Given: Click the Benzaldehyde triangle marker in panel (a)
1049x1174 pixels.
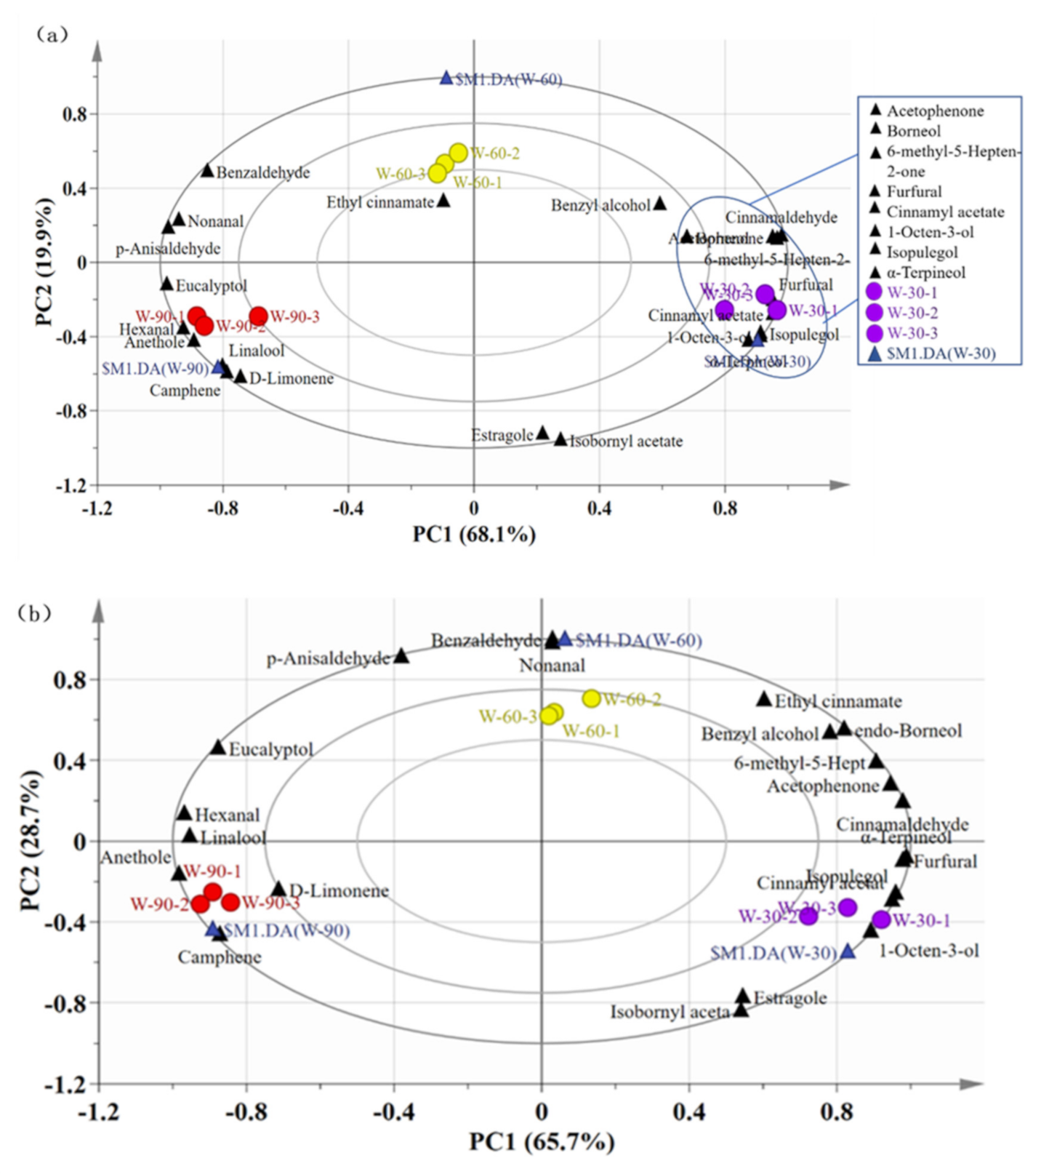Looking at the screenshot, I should click(207, 171).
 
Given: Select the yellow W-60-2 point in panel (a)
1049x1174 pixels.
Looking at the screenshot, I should click(458, 153).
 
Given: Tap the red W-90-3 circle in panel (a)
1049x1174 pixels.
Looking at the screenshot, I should click(259, 316).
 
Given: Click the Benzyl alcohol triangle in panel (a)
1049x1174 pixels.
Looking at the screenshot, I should click(659, 204).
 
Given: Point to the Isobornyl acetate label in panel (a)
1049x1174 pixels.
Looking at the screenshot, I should click(626, 442).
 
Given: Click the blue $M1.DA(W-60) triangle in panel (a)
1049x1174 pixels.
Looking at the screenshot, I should click(446, 78).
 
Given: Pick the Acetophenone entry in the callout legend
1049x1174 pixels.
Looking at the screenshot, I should click(935, 111).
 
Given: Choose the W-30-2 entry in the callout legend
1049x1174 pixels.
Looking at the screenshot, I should click(912, 313).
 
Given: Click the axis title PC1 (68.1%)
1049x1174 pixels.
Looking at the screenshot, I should click(474, 535).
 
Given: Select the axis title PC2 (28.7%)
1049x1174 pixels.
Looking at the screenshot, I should click(31, 840).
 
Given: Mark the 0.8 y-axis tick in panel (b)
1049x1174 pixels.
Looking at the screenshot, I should click(70, 679).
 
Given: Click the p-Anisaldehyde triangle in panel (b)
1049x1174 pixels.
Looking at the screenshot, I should click(401, 656).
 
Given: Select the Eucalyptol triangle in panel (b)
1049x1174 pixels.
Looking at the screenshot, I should click(218, 748).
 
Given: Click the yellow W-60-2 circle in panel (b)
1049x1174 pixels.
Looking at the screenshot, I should click(592, 698).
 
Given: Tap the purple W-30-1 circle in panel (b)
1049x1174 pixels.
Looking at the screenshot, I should click(881, 919).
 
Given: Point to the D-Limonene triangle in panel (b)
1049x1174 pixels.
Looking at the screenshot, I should click(278, 889).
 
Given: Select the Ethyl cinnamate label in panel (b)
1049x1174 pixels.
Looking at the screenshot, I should click(837, 701).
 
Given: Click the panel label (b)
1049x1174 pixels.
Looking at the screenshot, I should click(33, 613).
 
